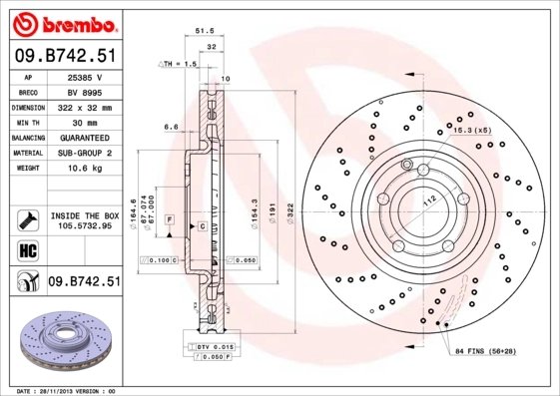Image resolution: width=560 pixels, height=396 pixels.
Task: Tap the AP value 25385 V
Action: coord(84,76)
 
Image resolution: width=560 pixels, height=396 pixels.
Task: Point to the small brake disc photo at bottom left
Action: coord(63,339)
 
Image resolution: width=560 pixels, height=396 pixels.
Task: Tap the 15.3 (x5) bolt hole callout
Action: coord(475,132)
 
